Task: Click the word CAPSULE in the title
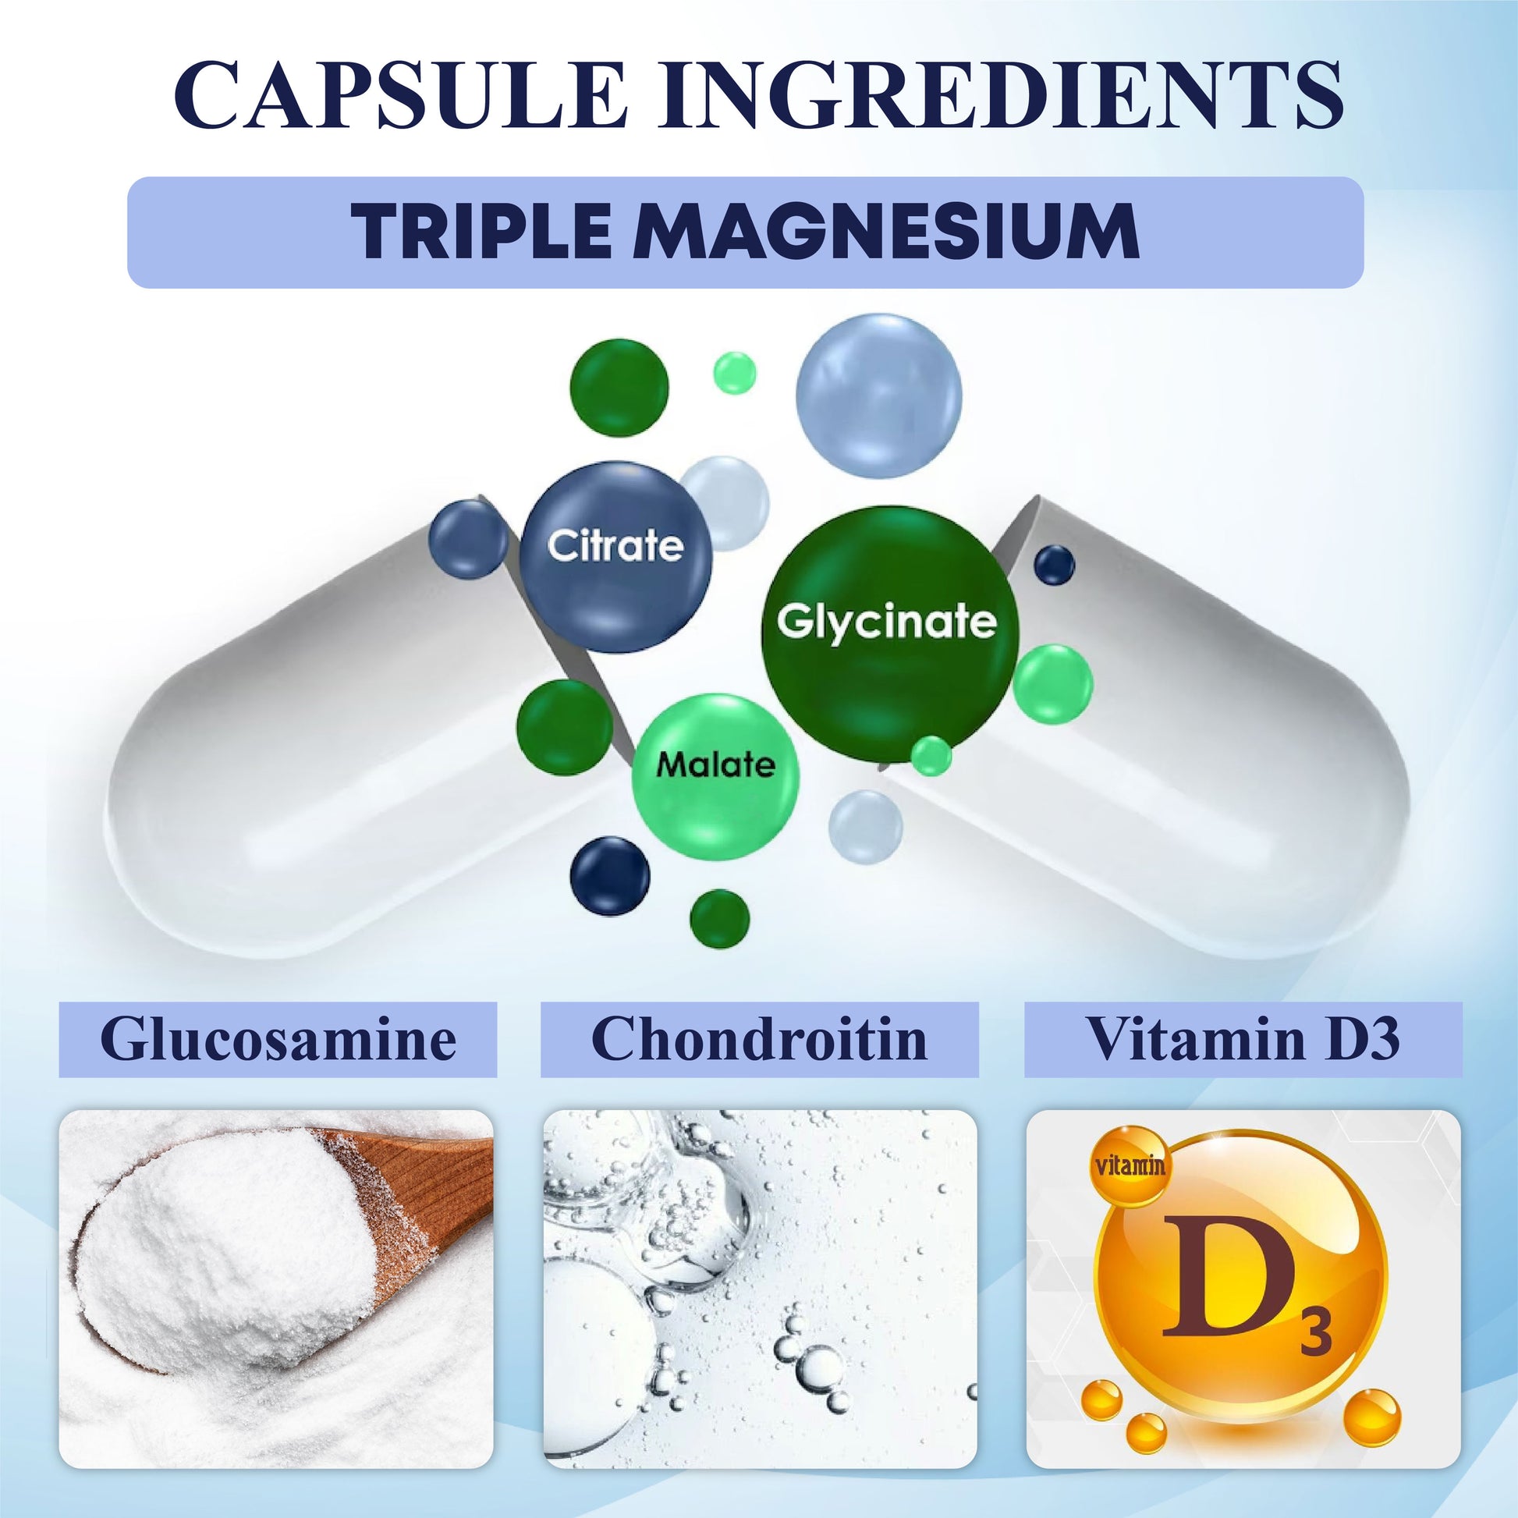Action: (401, 94)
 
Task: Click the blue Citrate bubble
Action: (615, 555)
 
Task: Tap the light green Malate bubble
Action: (715, 766)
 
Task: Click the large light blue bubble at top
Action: (878, 397)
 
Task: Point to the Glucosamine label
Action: (278, 1039)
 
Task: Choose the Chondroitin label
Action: (759, 1039)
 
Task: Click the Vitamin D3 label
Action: (1243, 1039)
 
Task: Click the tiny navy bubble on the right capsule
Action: (1055, 565)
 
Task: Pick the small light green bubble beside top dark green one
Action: (735, 372)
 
